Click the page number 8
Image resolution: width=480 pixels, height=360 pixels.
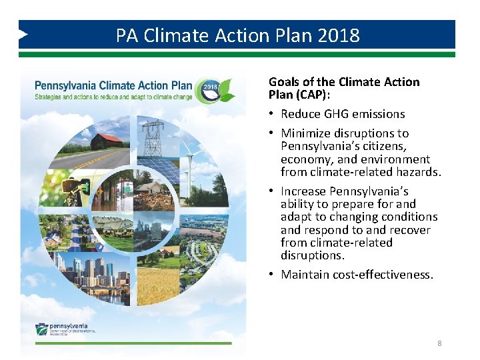pos(439,343)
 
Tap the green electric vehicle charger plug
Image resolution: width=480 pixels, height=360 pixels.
pos(69,184)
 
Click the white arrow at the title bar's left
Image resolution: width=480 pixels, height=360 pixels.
pos(24,34)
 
